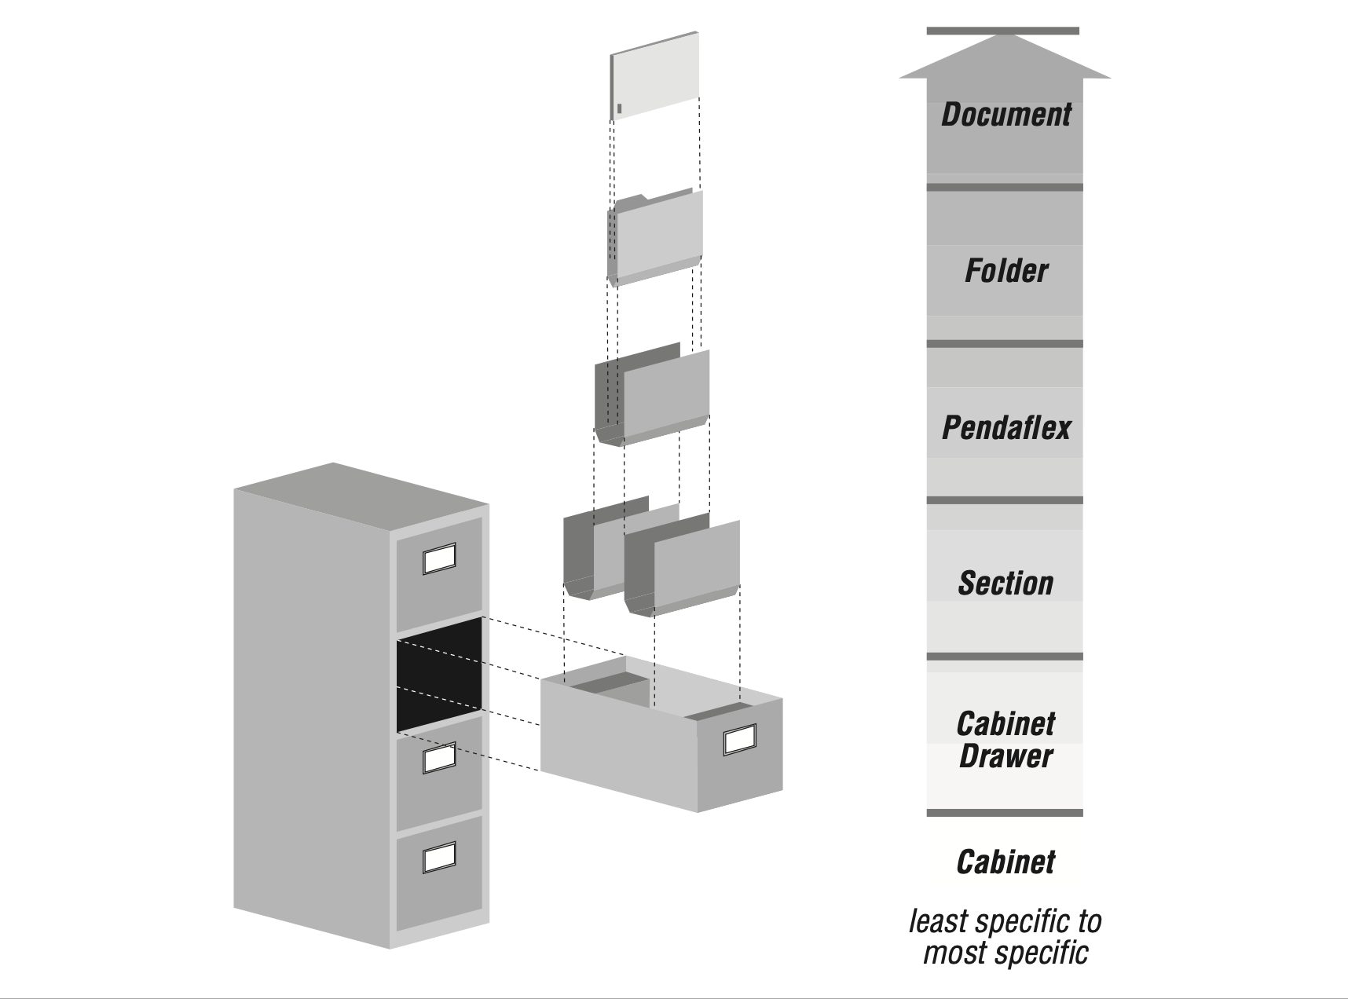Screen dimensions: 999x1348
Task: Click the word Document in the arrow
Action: click(1006, 115)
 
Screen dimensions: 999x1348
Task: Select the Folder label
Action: click(1006, 271)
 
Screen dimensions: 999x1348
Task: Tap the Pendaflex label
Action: click(1006, 428)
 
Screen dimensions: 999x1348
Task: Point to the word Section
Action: click(1006, 584)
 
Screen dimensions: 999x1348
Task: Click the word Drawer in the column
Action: click(1006, 756)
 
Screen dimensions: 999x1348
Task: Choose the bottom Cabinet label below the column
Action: click(1006, 862)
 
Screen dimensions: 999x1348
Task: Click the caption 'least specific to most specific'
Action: click(1006, 937)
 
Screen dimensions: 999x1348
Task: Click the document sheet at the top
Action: click(656, 75)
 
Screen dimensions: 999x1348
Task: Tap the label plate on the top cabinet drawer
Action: click(439, 558)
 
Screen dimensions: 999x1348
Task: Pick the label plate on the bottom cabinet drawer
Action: click(439, 858)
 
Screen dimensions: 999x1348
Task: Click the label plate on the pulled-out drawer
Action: click(739, 740)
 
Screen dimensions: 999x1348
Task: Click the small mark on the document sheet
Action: click(620, 108)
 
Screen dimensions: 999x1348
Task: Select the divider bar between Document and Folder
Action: click(1005, 187)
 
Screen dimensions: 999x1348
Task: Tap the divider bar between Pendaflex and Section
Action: click(1005, 500)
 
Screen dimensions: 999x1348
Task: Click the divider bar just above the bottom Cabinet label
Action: click(1005, 813)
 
